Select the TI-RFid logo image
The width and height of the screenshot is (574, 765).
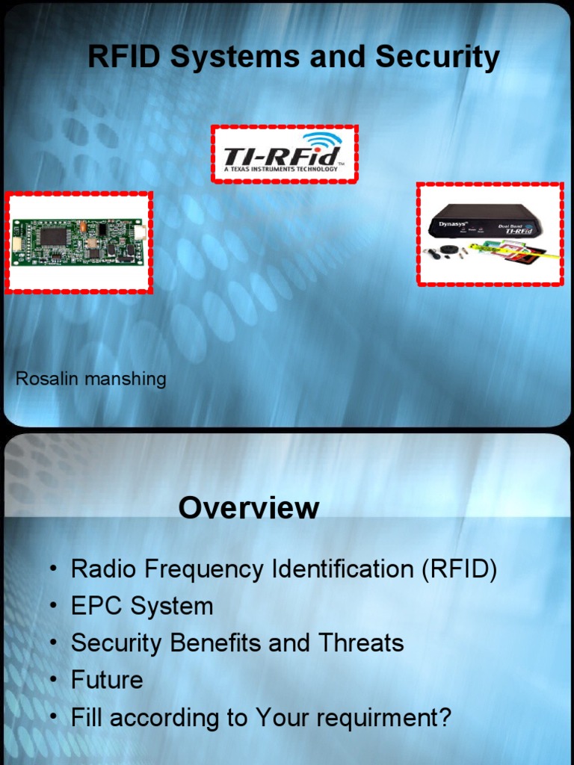(284, 155)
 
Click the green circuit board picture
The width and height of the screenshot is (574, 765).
(78, 242)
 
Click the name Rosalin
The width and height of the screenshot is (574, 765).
(47, 379)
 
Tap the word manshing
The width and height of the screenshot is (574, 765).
(125, 379)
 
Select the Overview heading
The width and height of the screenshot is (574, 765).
(249, 508)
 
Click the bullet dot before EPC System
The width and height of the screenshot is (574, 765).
(54, 606)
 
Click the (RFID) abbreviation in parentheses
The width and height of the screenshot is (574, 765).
(459, 569)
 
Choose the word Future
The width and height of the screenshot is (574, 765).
(107, 680)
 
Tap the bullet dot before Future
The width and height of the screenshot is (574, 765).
(54, 680)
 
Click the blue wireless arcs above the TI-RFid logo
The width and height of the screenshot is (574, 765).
(323, 140)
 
